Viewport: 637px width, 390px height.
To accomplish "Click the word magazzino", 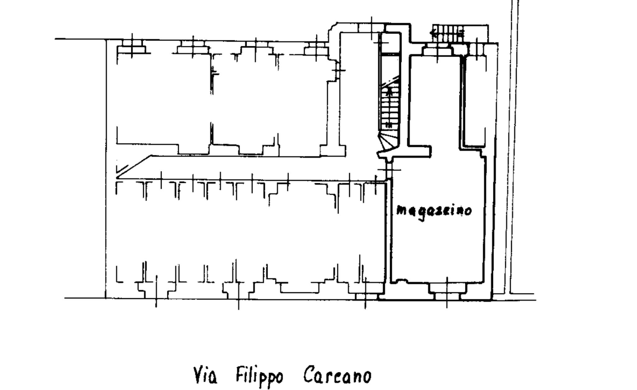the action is tap(434, 211).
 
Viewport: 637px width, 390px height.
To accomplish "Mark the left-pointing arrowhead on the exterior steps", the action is tap(432, 32).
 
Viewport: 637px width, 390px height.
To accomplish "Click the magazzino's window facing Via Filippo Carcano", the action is tap(447, 292).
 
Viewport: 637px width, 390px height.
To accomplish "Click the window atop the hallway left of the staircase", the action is tap(371, 28).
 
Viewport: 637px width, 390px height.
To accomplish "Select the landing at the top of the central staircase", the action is tap(390, 43).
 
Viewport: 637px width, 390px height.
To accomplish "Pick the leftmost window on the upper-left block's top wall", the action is tap(132, 47).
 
